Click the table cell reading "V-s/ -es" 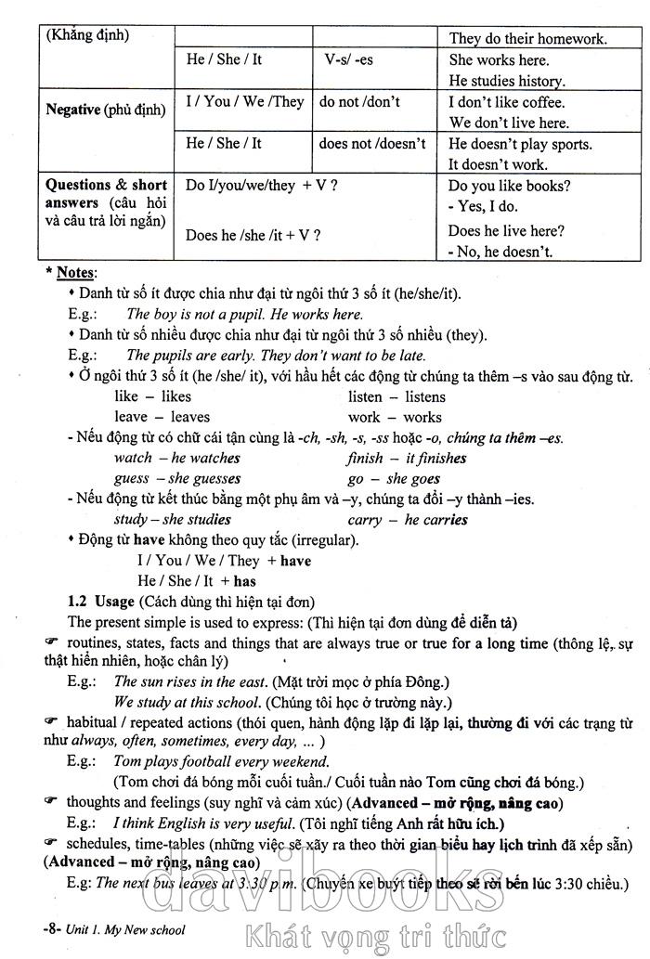pos(348,59)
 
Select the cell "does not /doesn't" pos(371,143)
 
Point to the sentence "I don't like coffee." pos(506,102)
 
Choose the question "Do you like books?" pos(509,185)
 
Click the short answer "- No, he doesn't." pos(500,251)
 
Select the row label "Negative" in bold pos(73,110)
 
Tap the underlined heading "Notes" pos(75,273)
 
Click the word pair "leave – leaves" pos(162,417)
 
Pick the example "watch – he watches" pos(176,458)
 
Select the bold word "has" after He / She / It pos(244,581)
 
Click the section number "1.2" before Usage pos(81,602)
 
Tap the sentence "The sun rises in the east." pos(196,681)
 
